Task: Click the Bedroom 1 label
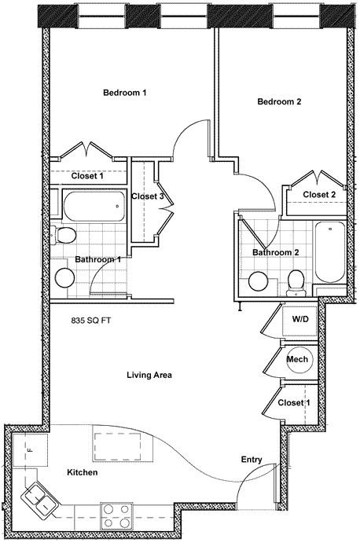(124, 93)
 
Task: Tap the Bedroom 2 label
(279, 101)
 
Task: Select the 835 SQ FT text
(91, 321)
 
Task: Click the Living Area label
(149, 375)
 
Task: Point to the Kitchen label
(82, 472)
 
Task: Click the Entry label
(252, 460)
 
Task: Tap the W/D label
(300, 319)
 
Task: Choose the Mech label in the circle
(297, 359)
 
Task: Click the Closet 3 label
(147, 196)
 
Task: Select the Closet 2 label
(319, 194)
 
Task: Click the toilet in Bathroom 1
(62, 234)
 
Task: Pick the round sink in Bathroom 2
(259, 281)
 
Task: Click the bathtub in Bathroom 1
(94, 206)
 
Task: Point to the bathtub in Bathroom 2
(329, 252)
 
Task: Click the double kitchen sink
(39, 497)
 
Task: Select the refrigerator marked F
(30, 450)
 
